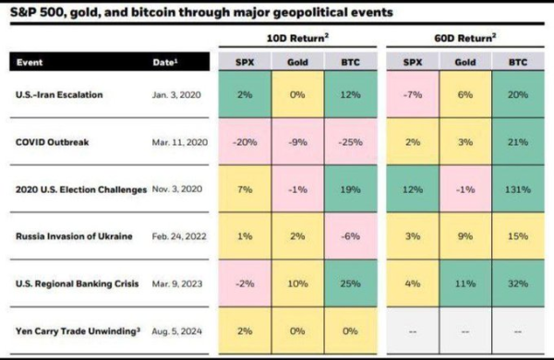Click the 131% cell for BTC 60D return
click(x=512, y=189)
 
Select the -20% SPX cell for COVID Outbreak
click(x=244, y=142)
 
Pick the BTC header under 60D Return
click(x=512, y=63)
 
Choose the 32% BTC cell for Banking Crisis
click(x=512, y=283)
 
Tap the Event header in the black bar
click(x=30, y=63)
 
